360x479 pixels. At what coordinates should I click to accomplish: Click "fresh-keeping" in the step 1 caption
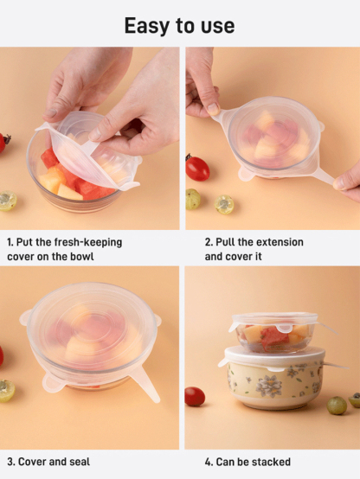click(88, 242)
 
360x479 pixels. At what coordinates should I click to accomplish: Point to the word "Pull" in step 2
click(226, 242)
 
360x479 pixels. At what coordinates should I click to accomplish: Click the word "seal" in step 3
click(80, 462)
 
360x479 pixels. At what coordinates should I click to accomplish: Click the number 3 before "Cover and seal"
click(10, 462)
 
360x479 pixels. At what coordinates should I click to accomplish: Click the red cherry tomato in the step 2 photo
click(197, 168)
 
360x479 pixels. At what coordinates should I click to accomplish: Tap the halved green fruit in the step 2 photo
click(224, 204)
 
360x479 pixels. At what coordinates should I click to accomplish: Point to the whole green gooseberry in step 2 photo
click(192, 199)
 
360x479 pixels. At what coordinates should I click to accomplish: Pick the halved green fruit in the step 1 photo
click(8, 201)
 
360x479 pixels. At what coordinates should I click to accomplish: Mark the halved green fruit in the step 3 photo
click(7, 390)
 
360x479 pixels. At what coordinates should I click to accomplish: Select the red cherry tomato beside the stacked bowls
click(195, 396)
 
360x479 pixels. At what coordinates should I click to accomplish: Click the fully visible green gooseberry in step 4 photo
click(337, 406)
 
